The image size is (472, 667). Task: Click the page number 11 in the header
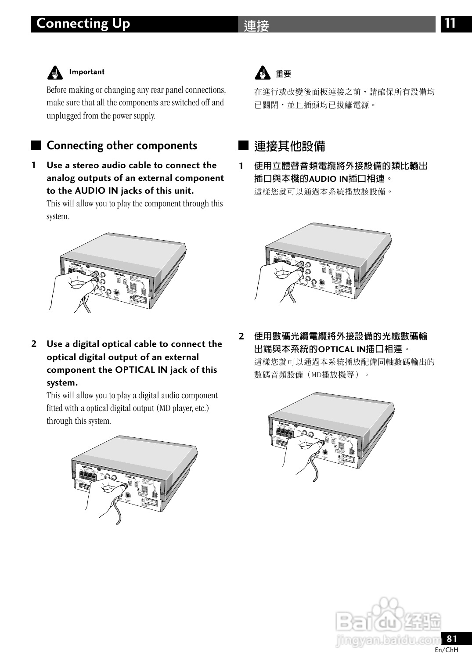coord(450,23)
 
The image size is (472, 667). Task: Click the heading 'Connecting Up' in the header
coord(83,23)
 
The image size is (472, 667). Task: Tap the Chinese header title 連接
coord(256,25)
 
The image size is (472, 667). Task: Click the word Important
coord(86,72)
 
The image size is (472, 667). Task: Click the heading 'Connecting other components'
coord(122,146)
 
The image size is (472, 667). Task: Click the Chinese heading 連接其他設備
coord(289,146)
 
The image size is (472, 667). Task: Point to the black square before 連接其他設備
coord(243,145)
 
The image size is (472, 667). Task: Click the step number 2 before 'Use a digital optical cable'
coord(34,344)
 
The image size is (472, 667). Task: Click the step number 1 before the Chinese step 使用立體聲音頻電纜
coord(241,166)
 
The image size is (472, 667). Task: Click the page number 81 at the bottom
coord(452,638)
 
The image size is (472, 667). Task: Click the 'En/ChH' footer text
coord(446,650)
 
